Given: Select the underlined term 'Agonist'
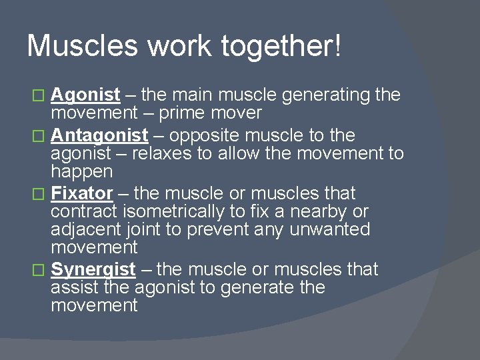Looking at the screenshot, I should (85, 95).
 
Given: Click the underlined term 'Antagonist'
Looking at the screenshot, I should (99, 136).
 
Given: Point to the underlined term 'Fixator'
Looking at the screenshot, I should (82, 194).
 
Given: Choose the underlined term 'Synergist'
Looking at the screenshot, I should (93, 270).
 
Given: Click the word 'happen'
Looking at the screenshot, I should (81, 173).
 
